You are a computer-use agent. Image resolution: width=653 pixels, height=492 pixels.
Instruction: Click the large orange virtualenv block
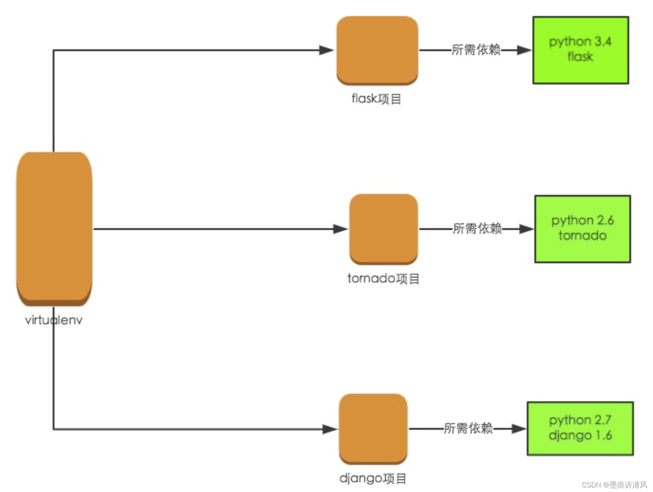pos(54,228)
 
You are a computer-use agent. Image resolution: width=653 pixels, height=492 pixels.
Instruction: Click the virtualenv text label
pos(54,320)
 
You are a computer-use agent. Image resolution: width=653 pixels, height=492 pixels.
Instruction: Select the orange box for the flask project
pos(377,50)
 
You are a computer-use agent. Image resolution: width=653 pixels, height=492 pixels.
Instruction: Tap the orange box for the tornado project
pos(383,229)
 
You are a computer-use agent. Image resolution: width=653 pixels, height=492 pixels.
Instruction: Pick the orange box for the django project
pos(373,428)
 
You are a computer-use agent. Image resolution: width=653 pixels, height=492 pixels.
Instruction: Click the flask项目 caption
pos(376,99)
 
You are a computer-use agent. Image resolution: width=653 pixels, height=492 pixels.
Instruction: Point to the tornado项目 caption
pos(383,279)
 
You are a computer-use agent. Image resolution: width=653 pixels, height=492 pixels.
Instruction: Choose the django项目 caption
pos(373,478)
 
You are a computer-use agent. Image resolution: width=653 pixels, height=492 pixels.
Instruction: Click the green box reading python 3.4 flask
pos(580,50)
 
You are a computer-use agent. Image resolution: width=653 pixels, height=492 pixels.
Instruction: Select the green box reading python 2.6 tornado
pos(582,229)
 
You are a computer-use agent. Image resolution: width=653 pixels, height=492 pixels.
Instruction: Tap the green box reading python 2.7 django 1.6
pos(580,428)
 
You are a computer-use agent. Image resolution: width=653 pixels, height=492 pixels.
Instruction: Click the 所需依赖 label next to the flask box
pos(476,50)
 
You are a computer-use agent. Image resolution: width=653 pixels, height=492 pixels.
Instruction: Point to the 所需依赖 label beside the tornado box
pos(477,229)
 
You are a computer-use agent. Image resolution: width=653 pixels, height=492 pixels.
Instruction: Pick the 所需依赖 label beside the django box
pos(468,428)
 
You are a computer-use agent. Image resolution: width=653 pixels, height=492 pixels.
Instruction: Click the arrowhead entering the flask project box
pos(326,50)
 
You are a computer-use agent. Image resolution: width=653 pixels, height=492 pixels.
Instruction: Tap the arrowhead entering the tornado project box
pos(340,229)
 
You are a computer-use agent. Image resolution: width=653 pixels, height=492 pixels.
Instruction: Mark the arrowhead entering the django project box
pos(330,429)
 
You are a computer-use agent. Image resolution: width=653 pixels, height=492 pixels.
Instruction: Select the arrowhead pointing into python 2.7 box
pos(518,429)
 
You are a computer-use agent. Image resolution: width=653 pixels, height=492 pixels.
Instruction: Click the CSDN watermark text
pos(614,485)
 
